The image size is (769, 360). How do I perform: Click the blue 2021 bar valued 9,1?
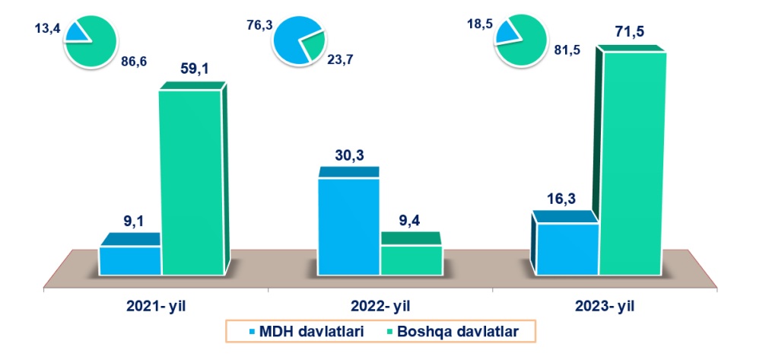point(130,260)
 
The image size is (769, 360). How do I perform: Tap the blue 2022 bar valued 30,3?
point(348,226)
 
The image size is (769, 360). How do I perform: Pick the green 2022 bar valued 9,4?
point(410,260)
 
